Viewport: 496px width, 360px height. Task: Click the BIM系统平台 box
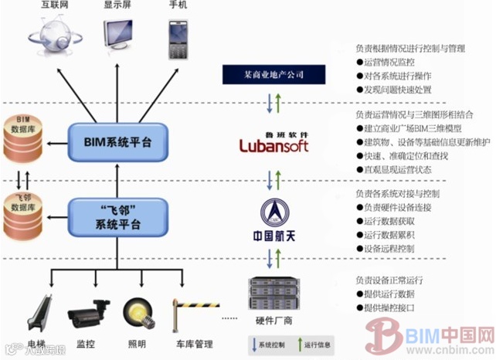pyautogui.click(x=117, y=142)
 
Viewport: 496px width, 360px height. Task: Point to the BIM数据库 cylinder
pyautogui.click(x=23, y=141)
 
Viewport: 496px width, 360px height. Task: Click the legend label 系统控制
pyautogui.click(x=272, y=344)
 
